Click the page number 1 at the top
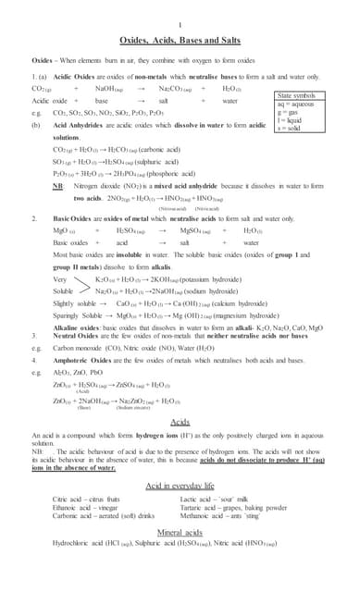coord(180,24)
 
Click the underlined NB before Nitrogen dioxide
coord(57,184)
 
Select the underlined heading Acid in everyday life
coord(180,485)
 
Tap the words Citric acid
coord(73,499)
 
